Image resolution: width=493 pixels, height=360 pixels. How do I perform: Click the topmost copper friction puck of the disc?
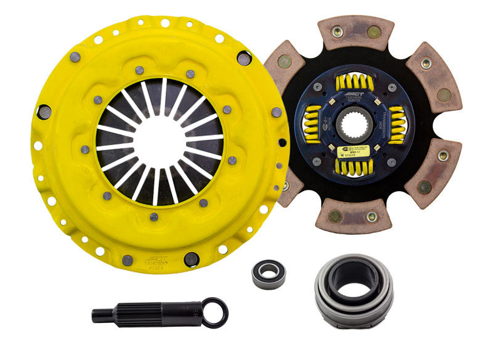click(x=356, y=33)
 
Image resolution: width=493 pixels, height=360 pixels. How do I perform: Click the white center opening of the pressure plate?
click(x=159, y=140)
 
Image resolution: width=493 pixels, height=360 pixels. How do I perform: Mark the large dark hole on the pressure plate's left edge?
click(x=44, y=112)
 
